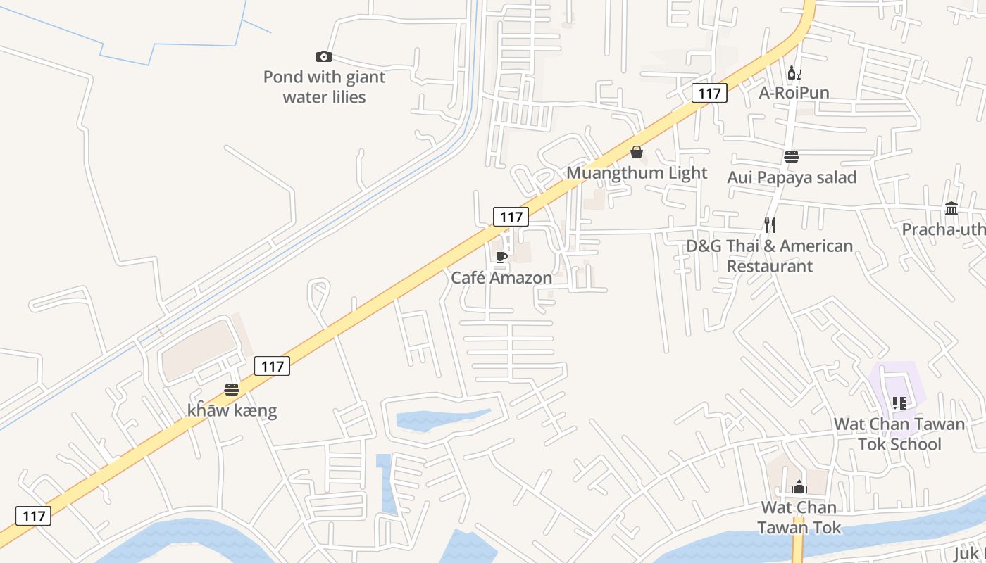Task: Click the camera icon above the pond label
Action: [x=324, y=56]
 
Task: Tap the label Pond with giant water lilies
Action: [x=324, y=87]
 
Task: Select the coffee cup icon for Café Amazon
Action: [x=501, y=257]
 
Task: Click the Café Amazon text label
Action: [x=501, y=278]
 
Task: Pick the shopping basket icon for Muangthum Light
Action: [x=637, y=152]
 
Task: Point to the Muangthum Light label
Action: [x=637, y=172]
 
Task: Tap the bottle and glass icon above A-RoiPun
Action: [x=794, y=72]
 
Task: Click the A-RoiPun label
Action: [x=794, y=93]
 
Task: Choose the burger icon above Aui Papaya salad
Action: [x=792, y=157]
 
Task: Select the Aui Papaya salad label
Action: [x=792, y=177]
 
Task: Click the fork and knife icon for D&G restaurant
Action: [x=770, y=225]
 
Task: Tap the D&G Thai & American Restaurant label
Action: [x=770, y=256]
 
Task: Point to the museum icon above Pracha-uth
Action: [x=951, y=208]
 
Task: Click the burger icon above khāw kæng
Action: [x=232, y=389]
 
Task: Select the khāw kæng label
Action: [x=232, y=410]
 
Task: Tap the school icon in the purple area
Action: [x=899, y=403]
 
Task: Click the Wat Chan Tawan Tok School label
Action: [x=899, y=434]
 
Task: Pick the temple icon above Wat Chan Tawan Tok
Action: [x=799, y=487]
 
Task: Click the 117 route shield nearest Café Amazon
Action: [x=511, y=216]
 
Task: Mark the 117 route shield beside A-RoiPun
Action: [x=709, y=93]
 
